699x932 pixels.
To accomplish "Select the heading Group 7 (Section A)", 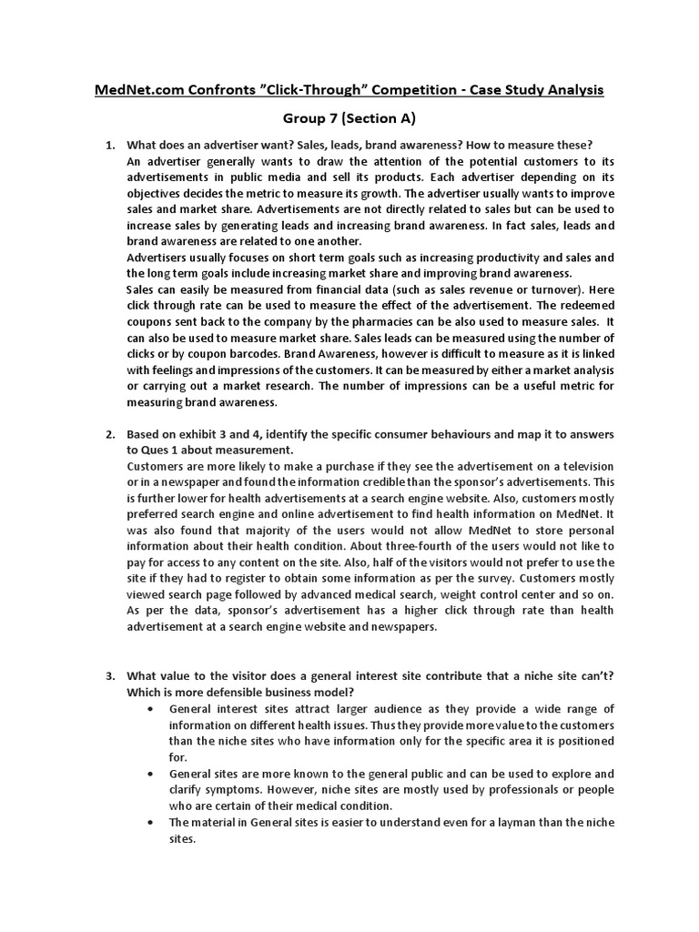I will [349, 119].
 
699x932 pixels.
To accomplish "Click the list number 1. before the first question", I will [110, 146].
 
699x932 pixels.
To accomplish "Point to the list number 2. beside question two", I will [110, 434].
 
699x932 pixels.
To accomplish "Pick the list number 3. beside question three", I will [110, 675].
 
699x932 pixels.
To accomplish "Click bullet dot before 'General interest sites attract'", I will [148, 709].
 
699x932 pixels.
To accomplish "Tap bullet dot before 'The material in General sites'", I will [148, 822].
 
